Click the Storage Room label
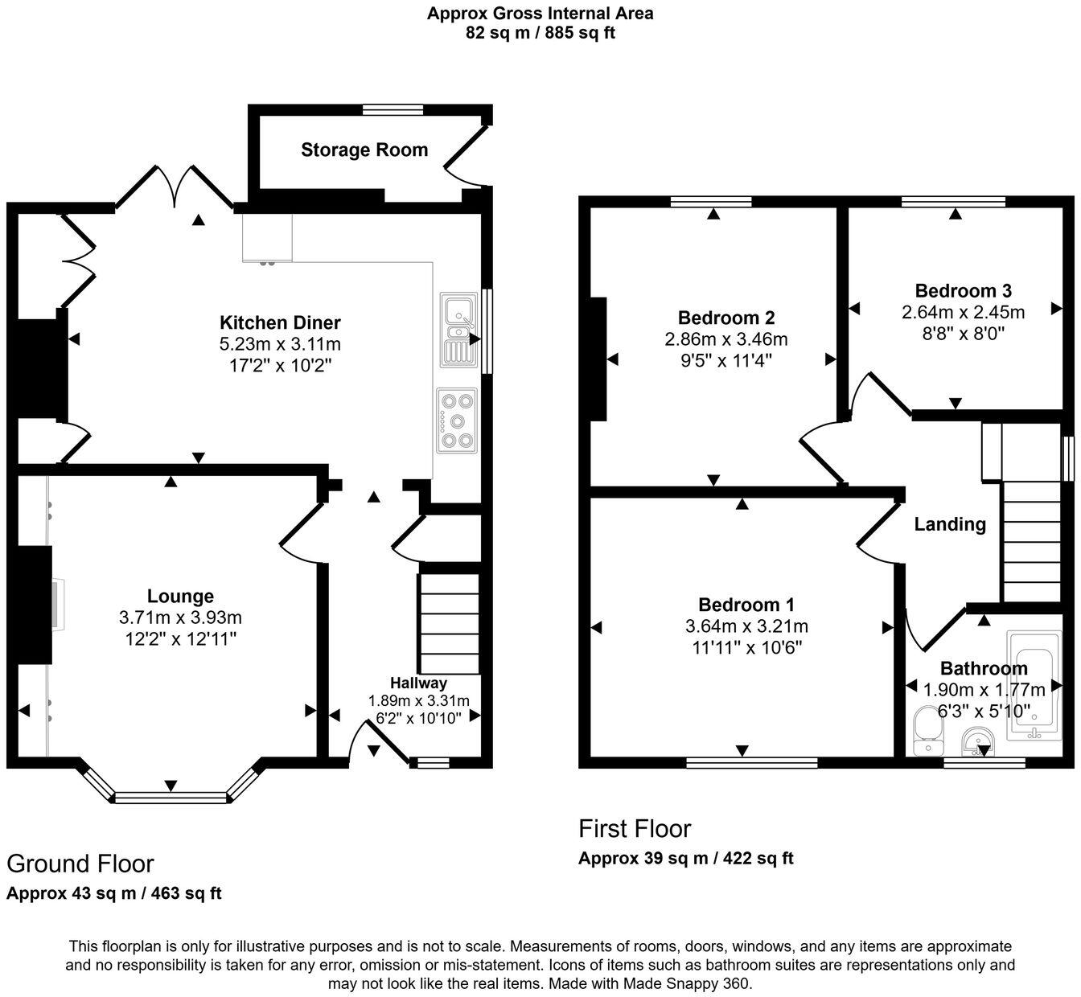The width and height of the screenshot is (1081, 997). point(364,150)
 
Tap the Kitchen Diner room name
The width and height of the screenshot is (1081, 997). point(280,323)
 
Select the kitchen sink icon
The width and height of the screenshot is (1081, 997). point(458,329)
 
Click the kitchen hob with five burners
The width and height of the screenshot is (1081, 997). point(457,420)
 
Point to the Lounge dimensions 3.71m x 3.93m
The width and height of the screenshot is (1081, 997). point(180,617)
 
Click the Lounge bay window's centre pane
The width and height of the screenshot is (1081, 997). point(171,798)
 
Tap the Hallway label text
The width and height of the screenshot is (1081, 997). point(418,683)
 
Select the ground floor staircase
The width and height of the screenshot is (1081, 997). point(448,623)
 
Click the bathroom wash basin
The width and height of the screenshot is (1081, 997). point(979,741)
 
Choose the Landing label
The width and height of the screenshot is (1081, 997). point(950,524)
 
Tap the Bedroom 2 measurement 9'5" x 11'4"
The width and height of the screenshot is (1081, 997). point(725,360)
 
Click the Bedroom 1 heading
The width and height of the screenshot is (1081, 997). point(746,605)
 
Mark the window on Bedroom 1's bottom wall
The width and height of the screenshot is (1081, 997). point(752,762)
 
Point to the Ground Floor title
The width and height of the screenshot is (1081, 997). point(80,864)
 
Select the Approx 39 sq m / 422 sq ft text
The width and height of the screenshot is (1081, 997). point(685,858)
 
